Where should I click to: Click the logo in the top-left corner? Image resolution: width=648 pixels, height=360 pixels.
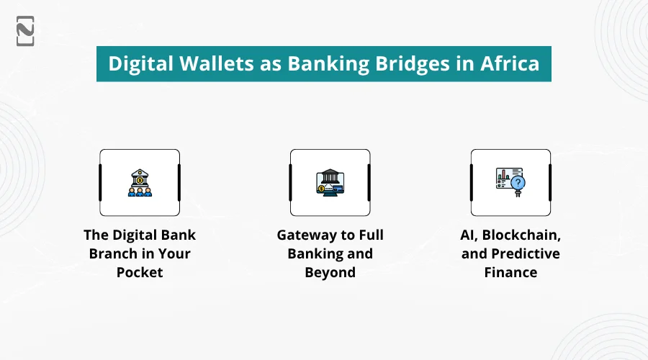[x=25, y=31]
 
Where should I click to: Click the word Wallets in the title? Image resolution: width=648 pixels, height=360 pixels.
[x=216, y=63]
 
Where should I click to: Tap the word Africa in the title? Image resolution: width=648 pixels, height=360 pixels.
[x=510, y=63]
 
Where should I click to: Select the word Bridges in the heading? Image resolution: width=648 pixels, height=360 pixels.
[x=418, y=63]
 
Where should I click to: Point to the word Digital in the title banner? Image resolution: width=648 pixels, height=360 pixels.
[x=139, y=63]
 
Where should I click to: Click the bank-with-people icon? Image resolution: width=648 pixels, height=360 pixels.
[x=140, y=182]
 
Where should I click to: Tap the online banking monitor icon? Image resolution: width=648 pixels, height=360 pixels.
[x=330, y=182]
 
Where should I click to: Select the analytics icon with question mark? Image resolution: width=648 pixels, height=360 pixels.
[x=510, y=182]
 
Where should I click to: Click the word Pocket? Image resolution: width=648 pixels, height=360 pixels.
[x=140, y=273]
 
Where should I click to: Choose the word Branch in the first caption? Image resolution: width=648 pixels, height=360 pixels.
[x=112, y=254]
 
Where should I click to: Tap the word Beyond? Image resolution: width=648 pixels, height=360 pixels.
[x=330, y=273]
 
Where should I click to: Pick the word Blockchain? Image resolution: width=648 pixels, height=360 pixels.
[x=524, y=235]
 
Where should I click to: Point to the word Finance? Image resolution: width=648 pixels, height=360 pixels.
[x=510, y=273]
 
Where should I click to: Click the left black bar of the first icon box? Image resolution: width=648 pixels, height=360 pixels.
[x=101, y=182]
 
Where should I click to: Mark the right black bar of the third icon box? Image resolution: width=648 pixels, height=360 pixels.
[x=549, y=182]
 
